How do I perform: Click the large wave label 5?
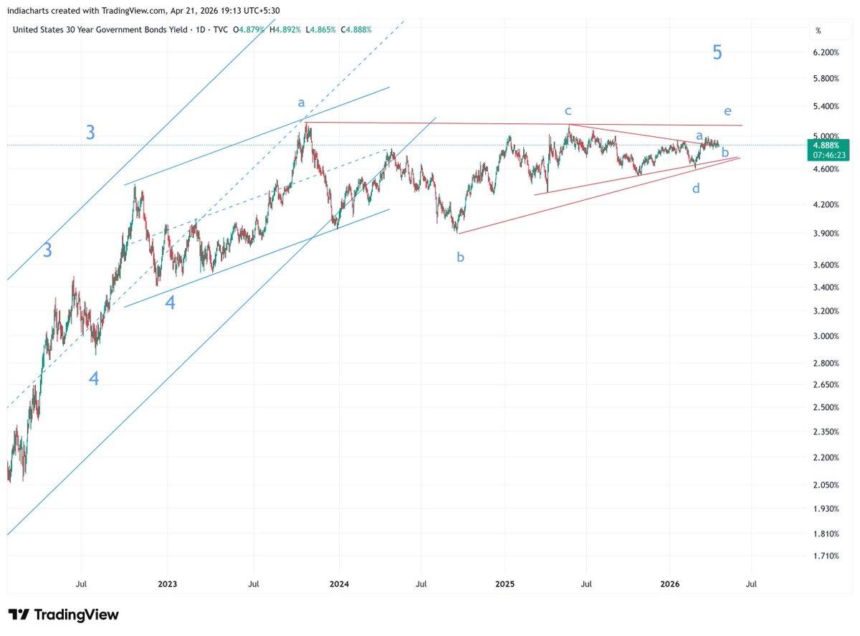click(x=717, y=52)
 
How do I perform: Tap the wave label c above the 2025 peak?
click(x=568, y=110)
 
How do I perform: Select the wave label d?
click(x=696, y=189)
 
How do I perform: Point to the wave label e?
click(x=727, y=111)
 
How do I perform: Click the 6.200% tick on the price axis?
click(x=826, y=53)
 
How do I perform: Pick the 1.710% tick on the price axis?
click(x=826, y=556)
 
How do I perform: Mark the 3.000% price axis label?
click(x=826, y=336)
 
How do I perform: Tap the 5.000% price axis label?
click(x=826, y=136)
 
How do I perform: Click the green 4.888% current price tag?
click(x=826, y=144)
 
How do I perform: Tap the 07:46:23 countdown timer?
click(x=826, y=153)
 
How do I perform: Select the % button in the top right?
click(x=818, y=31)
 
